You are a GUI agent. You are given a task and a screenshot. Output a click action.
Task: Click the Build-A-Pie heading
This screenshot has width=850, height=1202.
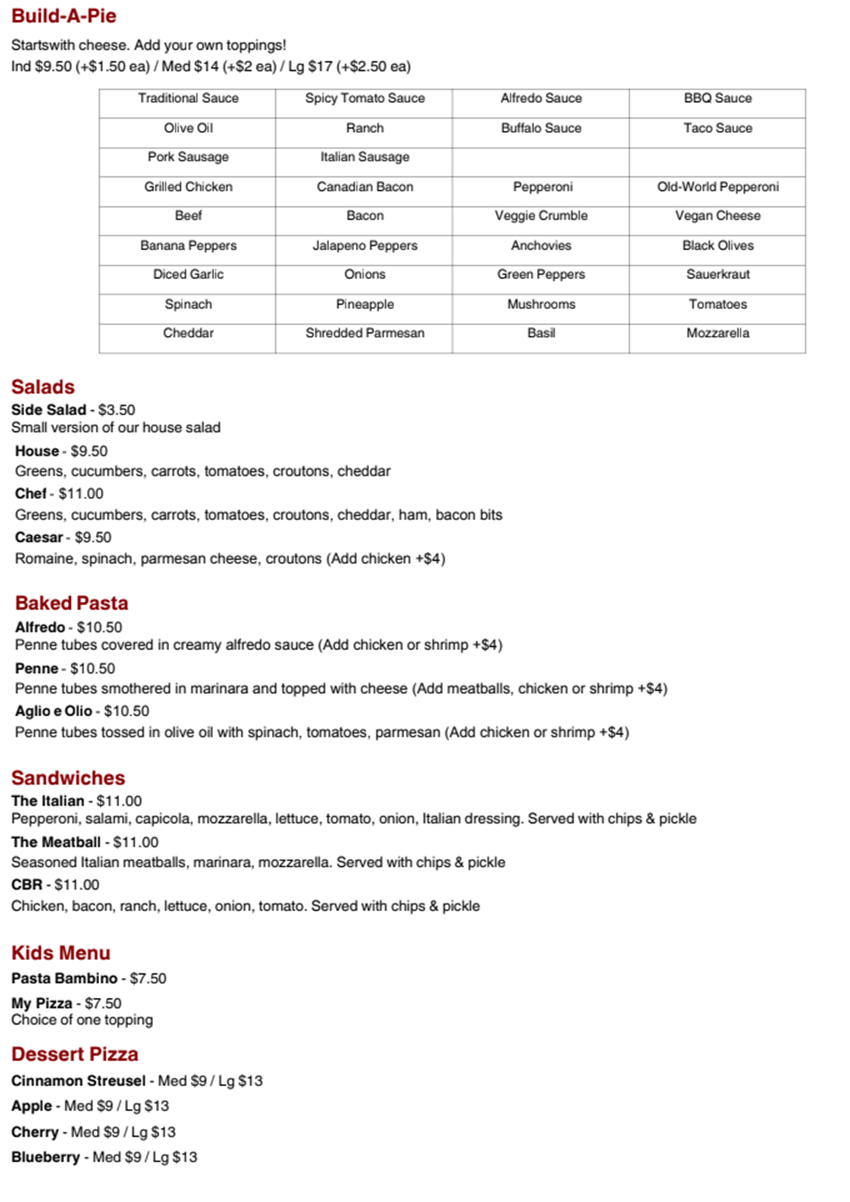coord(64,16)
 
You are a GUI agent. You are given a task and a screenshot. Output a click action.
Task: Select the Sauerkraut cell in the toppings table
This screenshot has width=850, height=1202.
coord(718,275)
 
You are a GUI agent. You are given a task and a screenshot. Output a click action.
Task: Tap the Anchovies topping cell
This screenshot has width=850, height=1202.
coord(541,246)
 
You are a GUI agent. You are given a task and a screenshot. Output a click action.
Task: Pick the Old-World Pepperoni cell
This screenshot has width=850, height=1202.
coord(718,187)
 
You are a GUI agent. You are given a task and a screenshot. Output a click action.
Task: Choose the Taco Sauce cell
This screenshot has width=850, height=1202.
coord(718,128)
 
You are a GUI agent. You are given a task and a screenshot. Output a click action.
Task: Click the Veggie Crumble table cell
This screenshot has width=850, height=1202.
coord(541,216)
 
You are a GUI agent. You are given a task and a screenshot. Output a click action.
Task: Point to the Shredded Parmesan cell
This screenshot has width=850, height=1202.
coord(364,333)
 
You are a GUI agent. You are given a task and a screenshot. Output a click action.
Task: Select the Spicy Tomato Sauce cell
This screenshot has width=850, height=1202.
coord(364,98)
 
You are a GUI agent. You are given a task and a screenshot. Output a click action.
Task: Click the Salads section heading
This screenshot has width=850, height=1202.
coord(42,387)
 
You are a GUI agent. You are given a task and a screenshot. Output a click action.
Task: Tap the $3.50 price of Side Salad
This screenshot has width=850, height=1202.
coord(117,410)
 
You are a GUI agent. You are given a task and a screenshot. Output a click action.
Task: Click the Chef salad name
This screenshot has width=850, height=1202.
coord(31,494)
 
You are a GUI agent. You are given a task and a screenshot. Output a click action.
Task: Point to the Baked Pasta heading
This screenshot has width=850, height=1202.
coord(72,603)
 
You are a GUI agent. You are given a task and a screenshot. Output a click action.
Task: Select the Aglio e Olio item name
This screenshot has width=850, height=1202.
coord(53,711)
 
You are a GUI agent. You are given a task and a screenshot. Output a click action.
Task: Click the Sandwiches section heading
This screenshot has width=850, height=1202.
coord(68,778)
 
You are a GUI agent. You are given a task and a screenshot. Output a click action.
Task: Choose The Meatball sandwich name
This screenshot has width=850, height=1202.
coord(56,842)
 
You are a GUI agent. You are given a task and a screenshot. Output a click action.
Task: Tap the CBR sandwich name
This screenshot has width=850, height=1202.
coord(27,885)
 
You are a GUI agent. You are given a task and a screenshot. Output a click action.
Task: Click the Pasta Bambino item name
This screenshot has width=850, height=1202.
coord(64,979)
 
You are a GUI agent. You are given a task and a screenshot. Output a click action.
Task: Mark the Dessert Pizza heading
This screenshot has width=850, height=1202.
coord(75,1054)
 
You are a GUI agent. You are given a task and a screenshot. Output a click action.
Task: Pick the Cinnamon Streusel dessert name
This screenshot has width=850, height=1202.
coord(78,1081)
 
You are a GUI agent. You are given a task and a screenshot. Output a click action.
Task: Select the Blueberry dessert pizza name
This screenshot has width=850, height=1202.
coord(46,1157)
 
